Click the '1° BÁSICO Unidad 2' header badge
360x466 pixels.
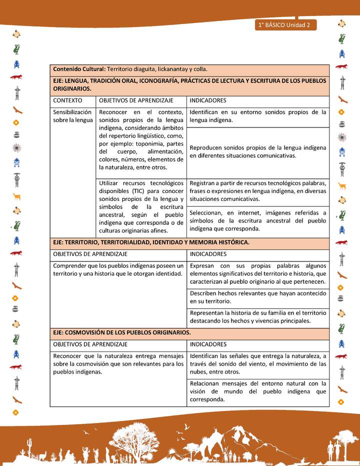pyautogui.click(x=285, y=25)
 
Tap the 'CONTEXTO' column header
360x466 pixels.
pyautogui.click(x=67, y=100)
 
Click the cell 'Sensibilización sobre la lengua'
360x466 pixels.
pyautogui.click(x=72, y=116)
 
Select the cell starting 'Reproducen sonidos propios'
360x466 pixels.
pyautogui.click(x=258, y=151)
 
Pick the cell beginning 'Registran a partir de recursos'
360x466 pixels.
pyautogui.click(x=258, y=191)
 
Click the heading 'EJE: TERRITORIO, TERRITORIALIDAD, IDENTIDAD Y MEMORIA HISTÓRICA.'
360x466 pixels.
pyautogui.click(x=151, y=242)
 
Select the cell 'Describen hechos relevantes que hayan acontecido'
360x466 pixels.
pyautogui.click(x=258, y=297)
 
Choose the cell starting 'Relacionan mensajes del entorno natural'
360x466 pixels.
pyautogui.click(x=258, y=391)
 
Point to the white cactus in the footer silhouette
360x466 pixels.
pyautogui.click(x=29, y=445)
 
